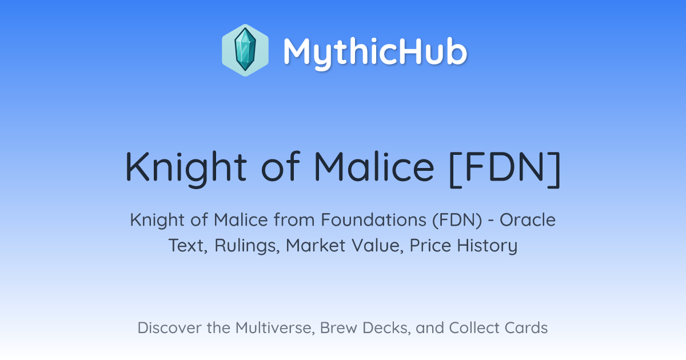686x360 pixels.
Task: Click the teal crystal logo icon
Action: tap(245, 50)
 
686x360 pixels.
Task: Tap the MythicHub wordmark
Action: tap(375, 53)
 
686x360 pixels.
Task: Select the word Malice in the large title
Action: tap(374, 166)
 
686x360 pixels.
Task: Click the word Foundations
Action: tap(374, 220)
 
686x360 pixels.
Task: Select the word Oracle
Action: tap(527, 220)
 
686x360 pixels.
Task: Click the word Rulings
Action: tap(247, 246)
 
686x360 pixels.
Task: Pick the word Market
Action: tap(316, 245)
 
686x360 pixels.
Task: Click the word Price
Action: tap(430, 245)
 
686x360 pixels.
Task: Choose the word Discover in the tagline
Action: tap(169, 327)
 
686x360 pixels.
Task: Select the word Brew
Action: tap(338, 327)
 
